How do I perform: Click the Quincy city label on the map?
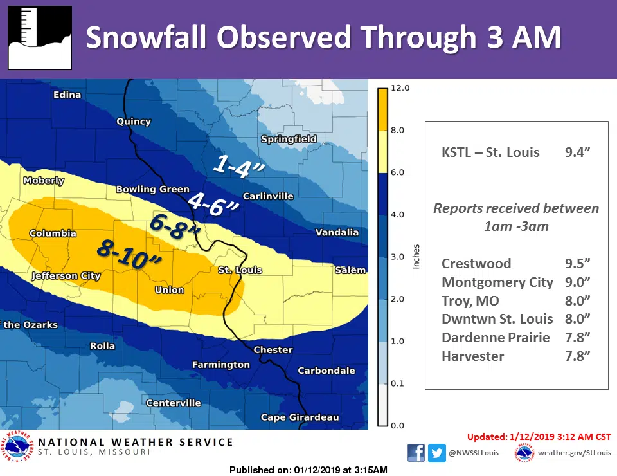click(x=134, y=121)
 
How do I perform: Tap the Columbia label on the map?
click(x=53, y=233)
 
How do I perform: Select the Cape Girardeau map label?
click(x=300, y=417)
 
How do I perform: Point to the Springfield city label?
click(x=289, y=139)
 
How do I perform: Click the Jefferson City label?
click(x=66, y=276)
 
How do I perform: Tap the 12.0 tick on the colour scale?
click(x=400, y=87)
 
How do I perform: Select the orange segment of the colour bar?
click(x=382, y=109)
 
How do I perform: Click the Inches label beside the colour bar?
click(x=416, y=257)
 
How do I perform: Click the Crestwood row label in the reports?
click(x=476, y=264)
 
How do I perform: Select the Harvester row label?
click(x=472, y=356)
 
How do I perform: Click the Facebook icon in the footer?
click(x=416, y=453)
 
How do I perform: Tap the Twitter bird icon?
click(x=438, y=453)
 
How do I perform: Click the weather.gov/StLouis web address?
click(x=575, y=453)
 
